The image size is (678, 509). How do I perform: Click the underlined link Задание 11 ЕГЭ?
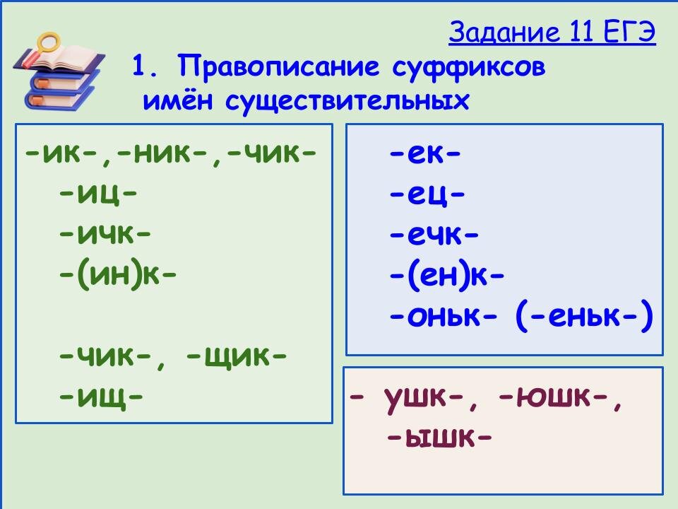(552, 33)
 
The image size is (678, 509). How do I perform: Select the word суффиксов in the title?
(466, 68)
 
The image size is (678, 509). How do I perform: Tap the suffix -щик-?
(236, 353)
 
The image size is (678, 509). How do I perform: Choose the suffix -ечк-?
(434, 234)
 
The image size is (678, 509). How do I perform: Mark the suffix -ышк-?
(439, 439)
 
